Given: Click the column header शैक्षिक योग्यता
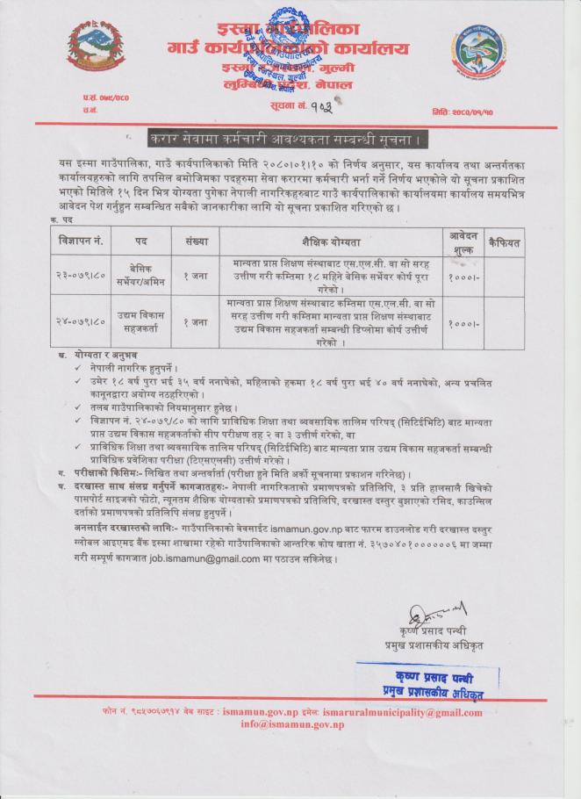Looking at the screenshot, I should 329,239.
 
